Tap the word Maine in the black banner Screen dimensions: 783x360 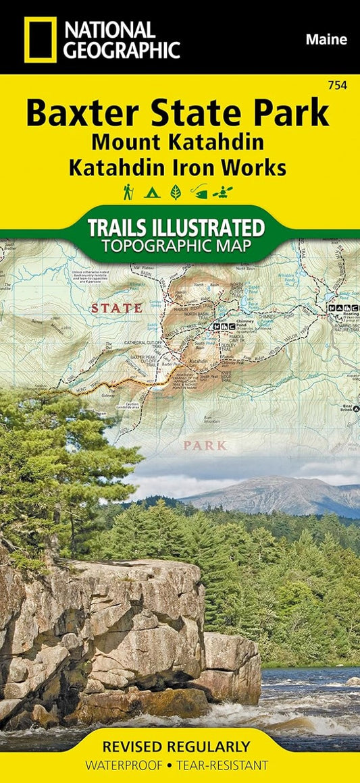[x=326, y=40]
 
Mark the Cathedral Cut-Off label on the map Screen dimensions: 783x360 [x=144, y=343]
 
